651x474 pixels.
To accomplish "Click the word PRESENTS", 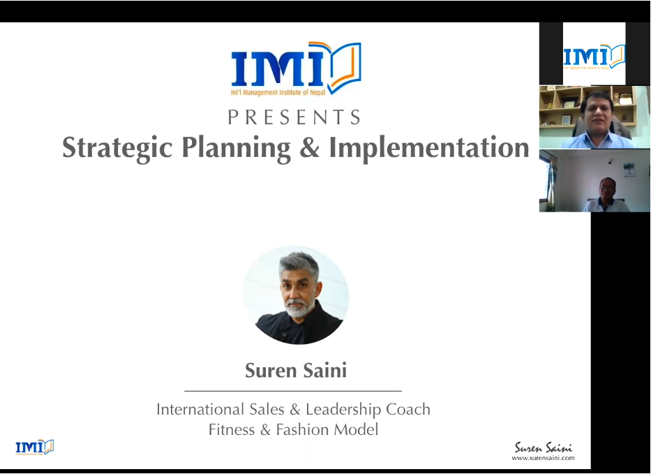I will [x=294, y=117].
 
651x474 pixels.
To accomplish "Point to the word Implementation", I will [x=429, y=148].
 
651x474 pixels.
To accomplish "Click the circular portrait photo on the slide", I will [x=296, y=295].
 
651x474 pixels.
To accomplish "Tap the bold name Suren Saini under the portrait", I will [x=296, y=370].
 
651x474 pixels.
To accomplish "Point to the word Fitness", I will [x=232, y=429].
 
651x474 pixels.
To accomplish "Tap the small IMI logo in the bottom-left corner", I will [x=35, y=447].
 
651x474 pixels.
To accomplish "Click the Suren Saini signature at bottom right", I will [x=544, y=447].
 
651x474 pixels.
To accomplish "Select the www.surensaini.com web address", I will [x=543, y=458].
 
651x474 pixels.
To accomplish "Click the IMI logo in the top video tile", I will [x=594, y=56].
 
